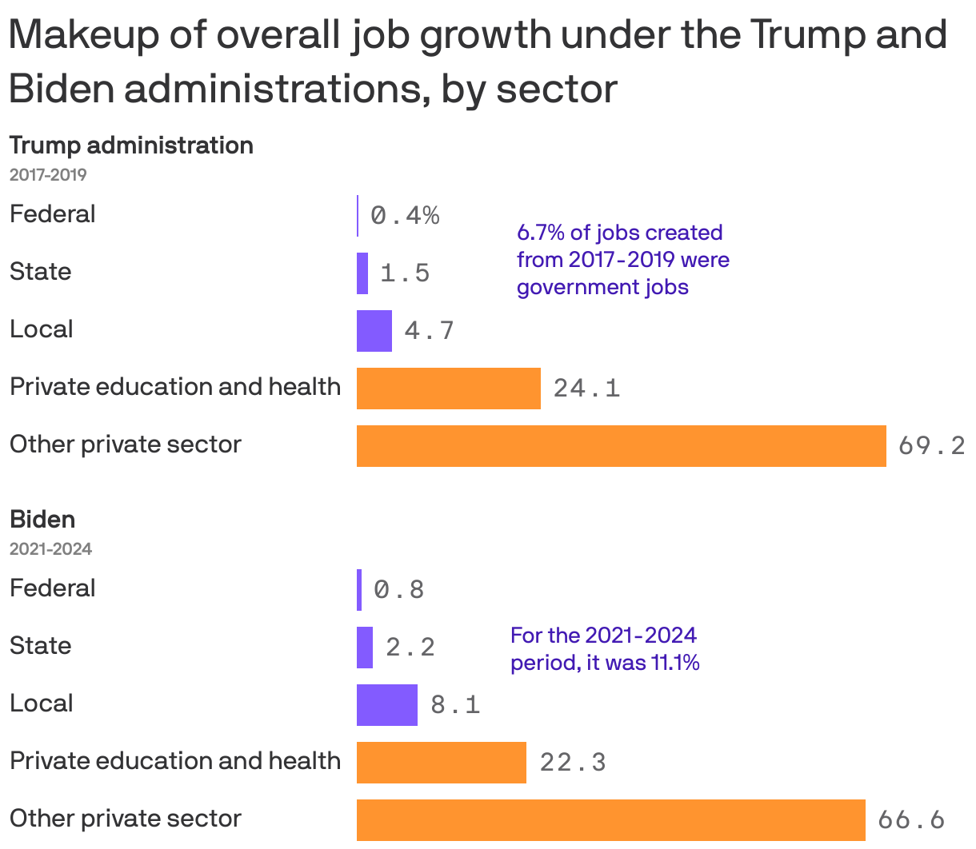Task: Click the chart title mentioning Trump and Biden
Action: tap(478, 62)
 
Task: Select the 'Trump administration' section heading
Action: tap(131, 145)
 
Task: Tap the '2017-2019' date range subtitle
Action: tap(48, 174)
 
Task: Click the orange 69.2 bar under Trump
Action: tap(621, 446)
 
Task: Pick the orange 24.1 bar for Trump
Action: tap(448, 389)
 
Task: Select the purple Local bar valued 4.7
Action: tap(374, 331)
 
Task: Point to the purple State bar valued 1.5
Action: tap(362, 273)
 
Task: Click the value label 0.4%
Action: tap(405, 215)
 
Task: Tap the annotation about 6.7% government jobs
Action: tap(622, 260)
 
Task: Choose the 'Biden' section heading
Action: tap(42, 520)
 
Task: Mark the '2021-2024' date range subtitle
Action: tap(50, 548)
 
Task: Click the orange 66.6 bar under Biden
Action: tap(610, 820)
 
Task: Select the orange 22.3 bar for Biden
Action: tap(441, 763)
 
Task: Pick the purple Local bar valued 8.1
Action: tap(386, 705)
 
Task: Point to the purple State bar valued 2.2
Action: tap(365, 648)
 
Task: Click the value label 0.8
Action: tap(399, 590)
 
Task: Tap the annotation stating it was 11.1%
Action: tap(605, 649)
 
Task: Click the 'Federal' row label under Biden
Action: tap(53, 588)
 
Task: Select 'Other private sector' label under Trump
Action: tap(126, 444)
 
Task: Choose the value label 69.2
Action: tap(931, 445)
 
